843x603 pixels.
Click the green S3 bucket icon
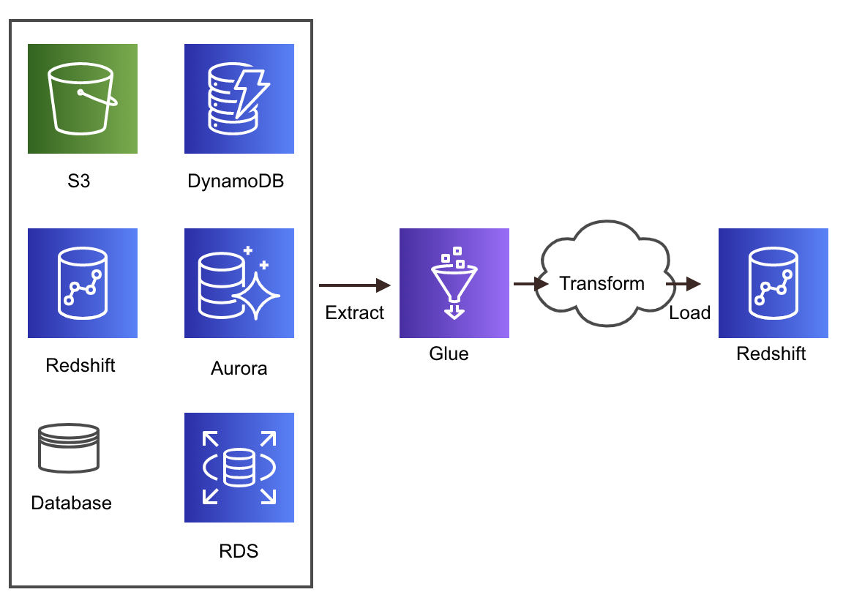(83, 99)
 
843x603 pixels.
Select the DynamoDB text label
(236, 181)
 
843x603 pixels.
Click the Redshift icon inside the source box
(83, 283)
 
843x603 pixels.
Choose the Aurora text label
(239, 368)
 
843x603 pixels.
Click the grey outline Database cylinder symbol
(68, 447)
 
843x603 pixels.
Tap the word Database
(72, 503)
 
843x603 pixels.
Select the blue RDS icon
(239, 468)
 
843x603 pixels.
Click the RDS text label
(239, 550)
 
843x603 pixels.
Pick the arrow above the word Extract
(355, 285)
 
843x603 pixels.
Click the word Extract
(355, 312)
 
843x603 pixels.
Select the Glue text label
(449, 353)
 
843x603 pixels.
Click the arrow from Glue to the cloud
(530, 284)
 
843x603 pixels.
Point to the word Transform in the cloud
(602, 283)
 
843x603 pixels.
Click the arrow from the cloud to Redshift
(683, 284)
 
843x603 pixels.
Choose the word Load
(689, 312)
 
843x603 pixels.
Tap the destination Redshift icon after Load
(773, 283)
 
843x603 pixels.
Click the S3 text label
(78, 181)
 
